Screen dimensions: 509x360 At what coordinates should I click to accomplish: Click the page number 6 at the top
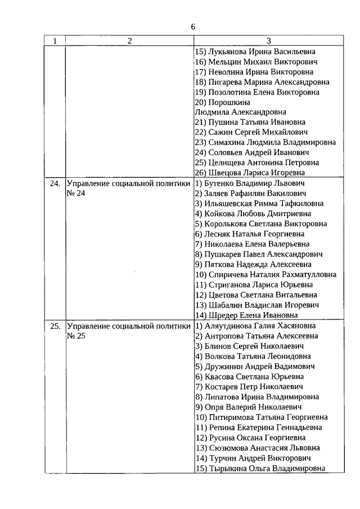tap(193, 27)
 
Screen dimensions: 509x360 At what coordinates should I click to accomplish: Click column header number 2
tap(129, 41)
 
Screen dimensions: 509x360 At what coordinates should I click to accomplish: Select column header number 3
tap(268, 41)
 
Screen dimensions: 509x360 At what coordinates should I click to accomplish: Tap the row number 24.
tap(54, 184)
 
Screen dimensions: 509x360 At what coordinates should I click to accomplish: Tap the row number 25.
tap(54, 326)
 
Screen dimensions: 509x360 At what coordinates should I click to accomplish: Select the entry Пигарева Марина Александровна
tap(262, 82)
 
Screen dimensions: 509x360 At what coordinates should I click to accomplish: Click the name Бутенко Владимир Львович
tap(250, 183)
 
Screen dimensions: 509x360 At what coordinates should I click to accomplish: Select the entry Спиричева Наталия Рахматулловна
tap(265, 274)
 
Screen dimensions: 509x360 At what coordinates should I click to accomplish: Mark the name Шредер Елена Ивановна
tap(246, 315)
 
